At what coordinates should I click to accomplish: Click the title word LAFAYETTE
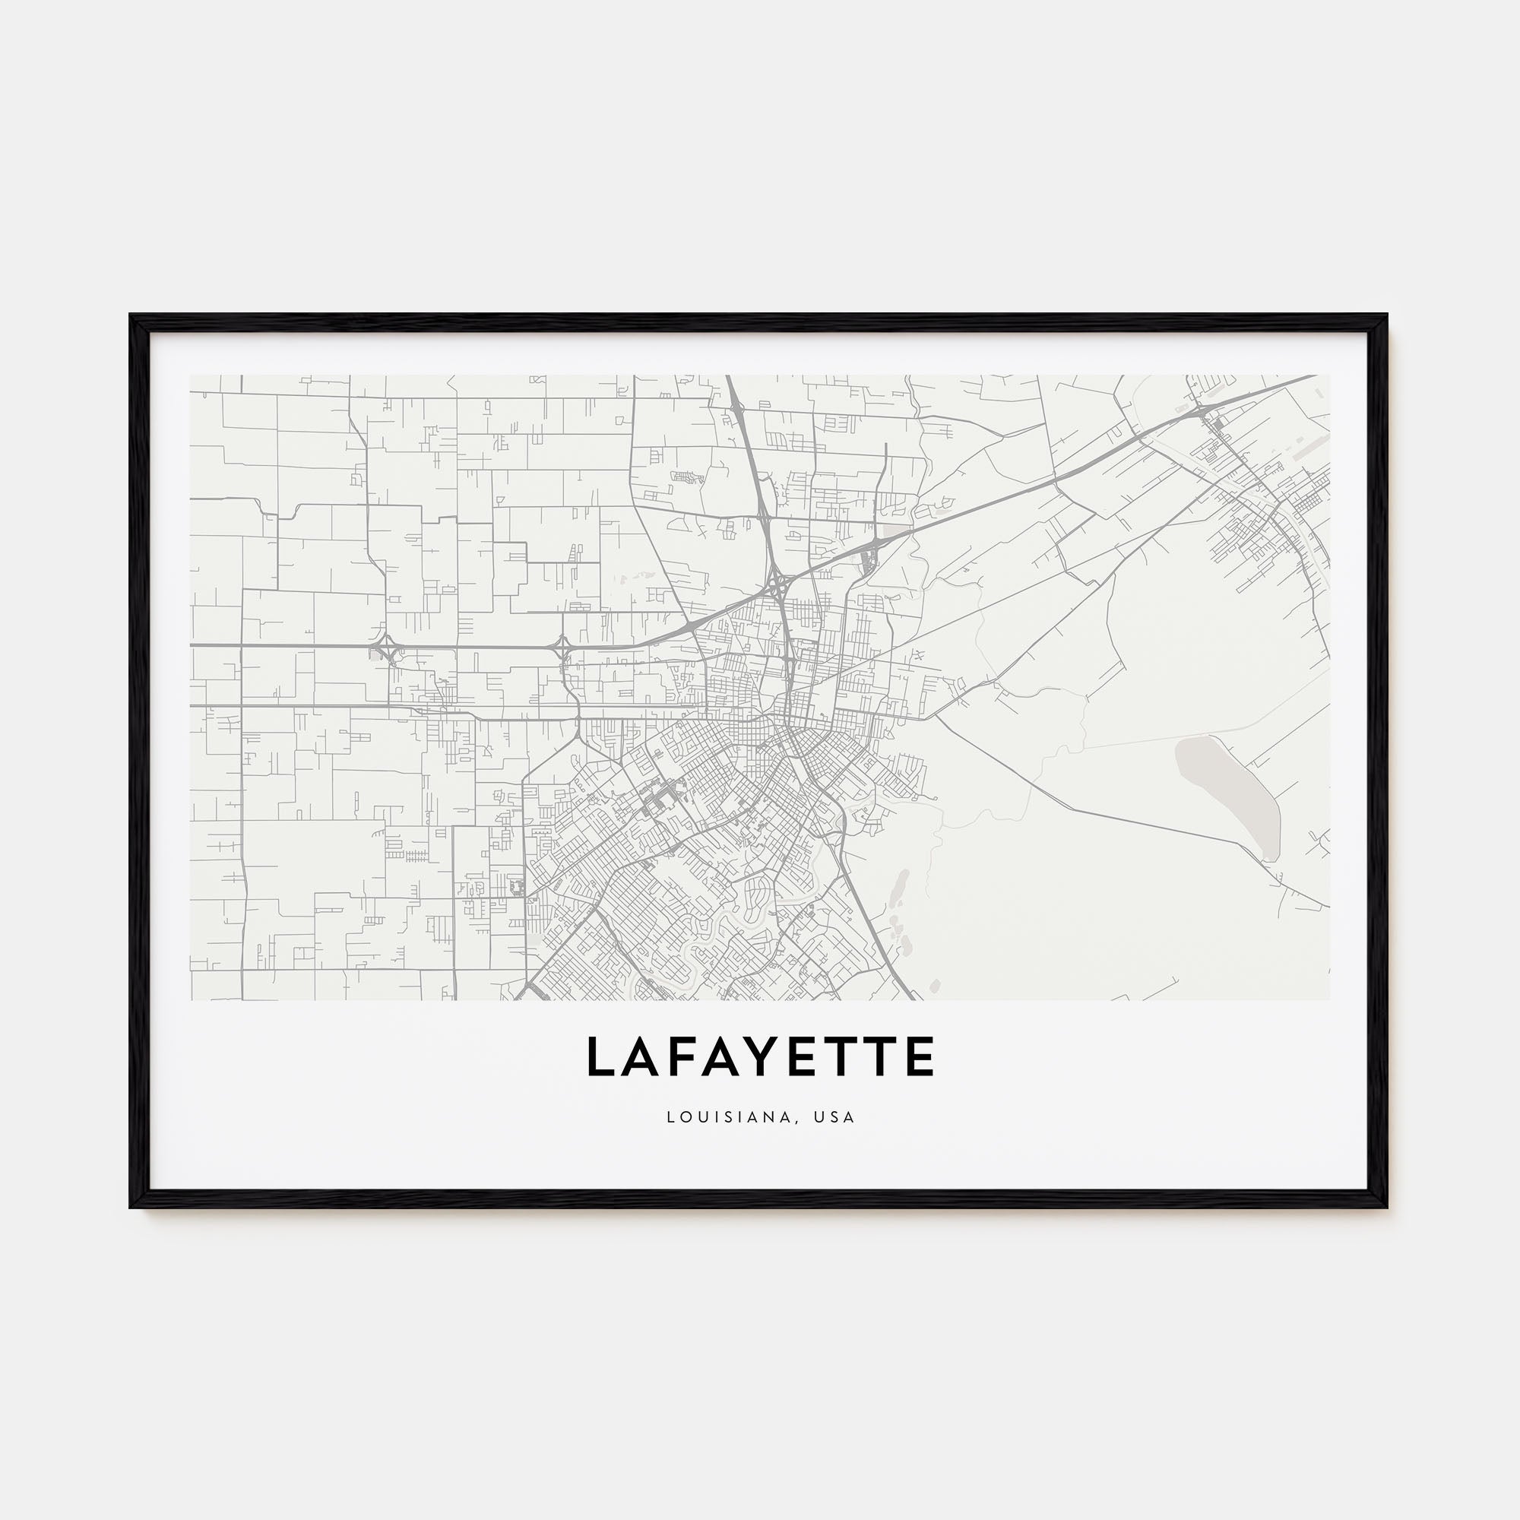click(x=760, y=1056)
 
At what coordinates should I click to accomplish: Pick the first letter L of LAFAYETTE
click(x=600, y=1056)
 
